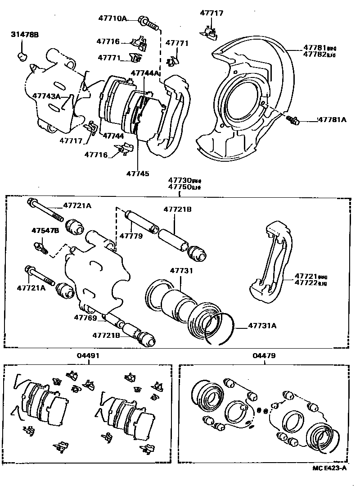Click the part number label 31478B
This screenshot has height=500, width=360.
tap(25, 35)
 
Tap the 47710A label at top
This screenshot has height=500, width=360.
tap(113, 18)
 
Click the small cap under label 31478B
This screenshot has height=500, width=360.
tap(22, 56)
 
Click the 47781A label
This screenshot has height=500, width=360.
tap(332, 119)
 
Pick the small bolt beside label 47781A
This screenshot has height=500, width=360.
tap(293, 119)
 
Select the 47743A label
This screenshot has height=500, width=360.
tap(46, 96)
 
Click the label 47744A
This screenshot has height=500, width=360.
tap(145, 73)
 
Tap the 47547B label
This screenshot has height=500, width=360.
tap(45, 231)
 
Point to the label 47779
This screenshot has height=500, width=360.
tap(131, 236)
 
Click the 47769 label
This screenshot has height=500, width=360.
tap(85, 318)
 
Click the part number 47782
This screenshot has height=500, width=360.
tap(315, 55)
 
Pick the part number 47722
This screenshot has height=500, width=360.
tap(306, 283)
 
